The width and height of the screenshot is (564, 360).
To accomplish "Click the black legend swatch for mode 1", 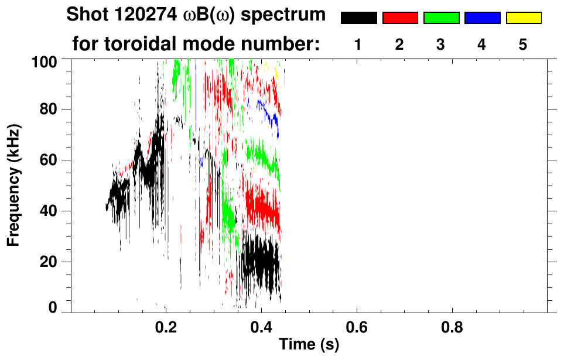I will tap(358, 18).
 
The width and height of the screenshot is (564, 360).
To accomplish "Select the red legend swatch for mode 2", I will tap(400, 18).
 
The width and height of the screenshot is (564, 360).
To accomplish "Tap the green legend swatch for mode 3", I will tap(441, 18).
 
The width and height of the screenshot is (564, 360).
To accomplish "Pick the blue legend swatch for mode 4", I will tap(482, 18).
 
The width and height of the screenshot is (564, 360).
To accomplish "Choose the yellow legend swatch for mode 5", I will tap(524, 18).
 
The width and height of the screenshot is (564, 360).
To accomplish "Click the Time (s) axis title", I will tap(309, 345).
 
